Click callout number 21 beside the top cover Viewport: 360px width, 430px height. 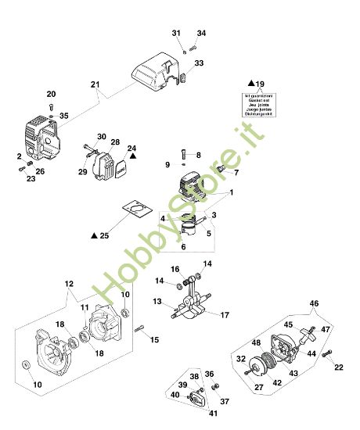point(95,84)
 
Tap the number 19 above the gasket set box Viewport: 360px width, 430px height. point(261,83)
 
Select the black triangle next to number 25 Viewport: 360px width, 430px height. point(94,235)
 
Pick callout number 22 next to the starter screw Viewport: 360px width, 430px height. point(339,367)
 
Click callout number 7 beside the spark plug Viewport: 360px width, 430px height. point(236,172)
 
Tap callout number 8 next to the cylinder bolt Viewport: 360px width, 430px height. point(198,155)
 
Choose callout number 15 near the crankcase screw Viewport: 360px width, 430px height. point(154,339)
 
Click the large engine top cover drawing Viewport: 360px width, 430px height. point(164,74)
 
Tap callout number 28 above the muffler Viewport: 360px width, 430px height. point(115,142)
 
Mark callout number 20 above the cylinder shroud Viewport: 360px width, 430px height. point(51,94)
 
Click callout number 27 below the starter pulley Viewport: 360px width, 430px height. point(257,386)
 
